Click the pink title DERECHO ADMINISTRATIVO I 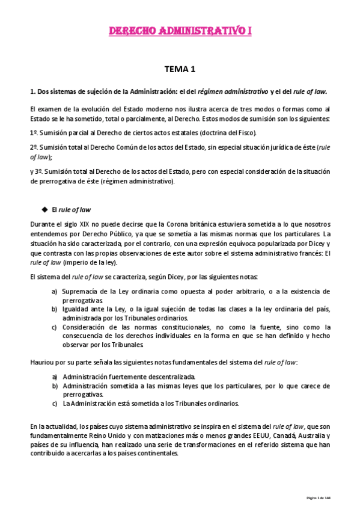[180, 31]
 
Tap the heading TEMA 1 [180, 70]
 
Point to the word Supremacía [81, 291]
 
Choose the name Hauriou [41, 363]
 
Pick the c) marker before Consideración [55, 327]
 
